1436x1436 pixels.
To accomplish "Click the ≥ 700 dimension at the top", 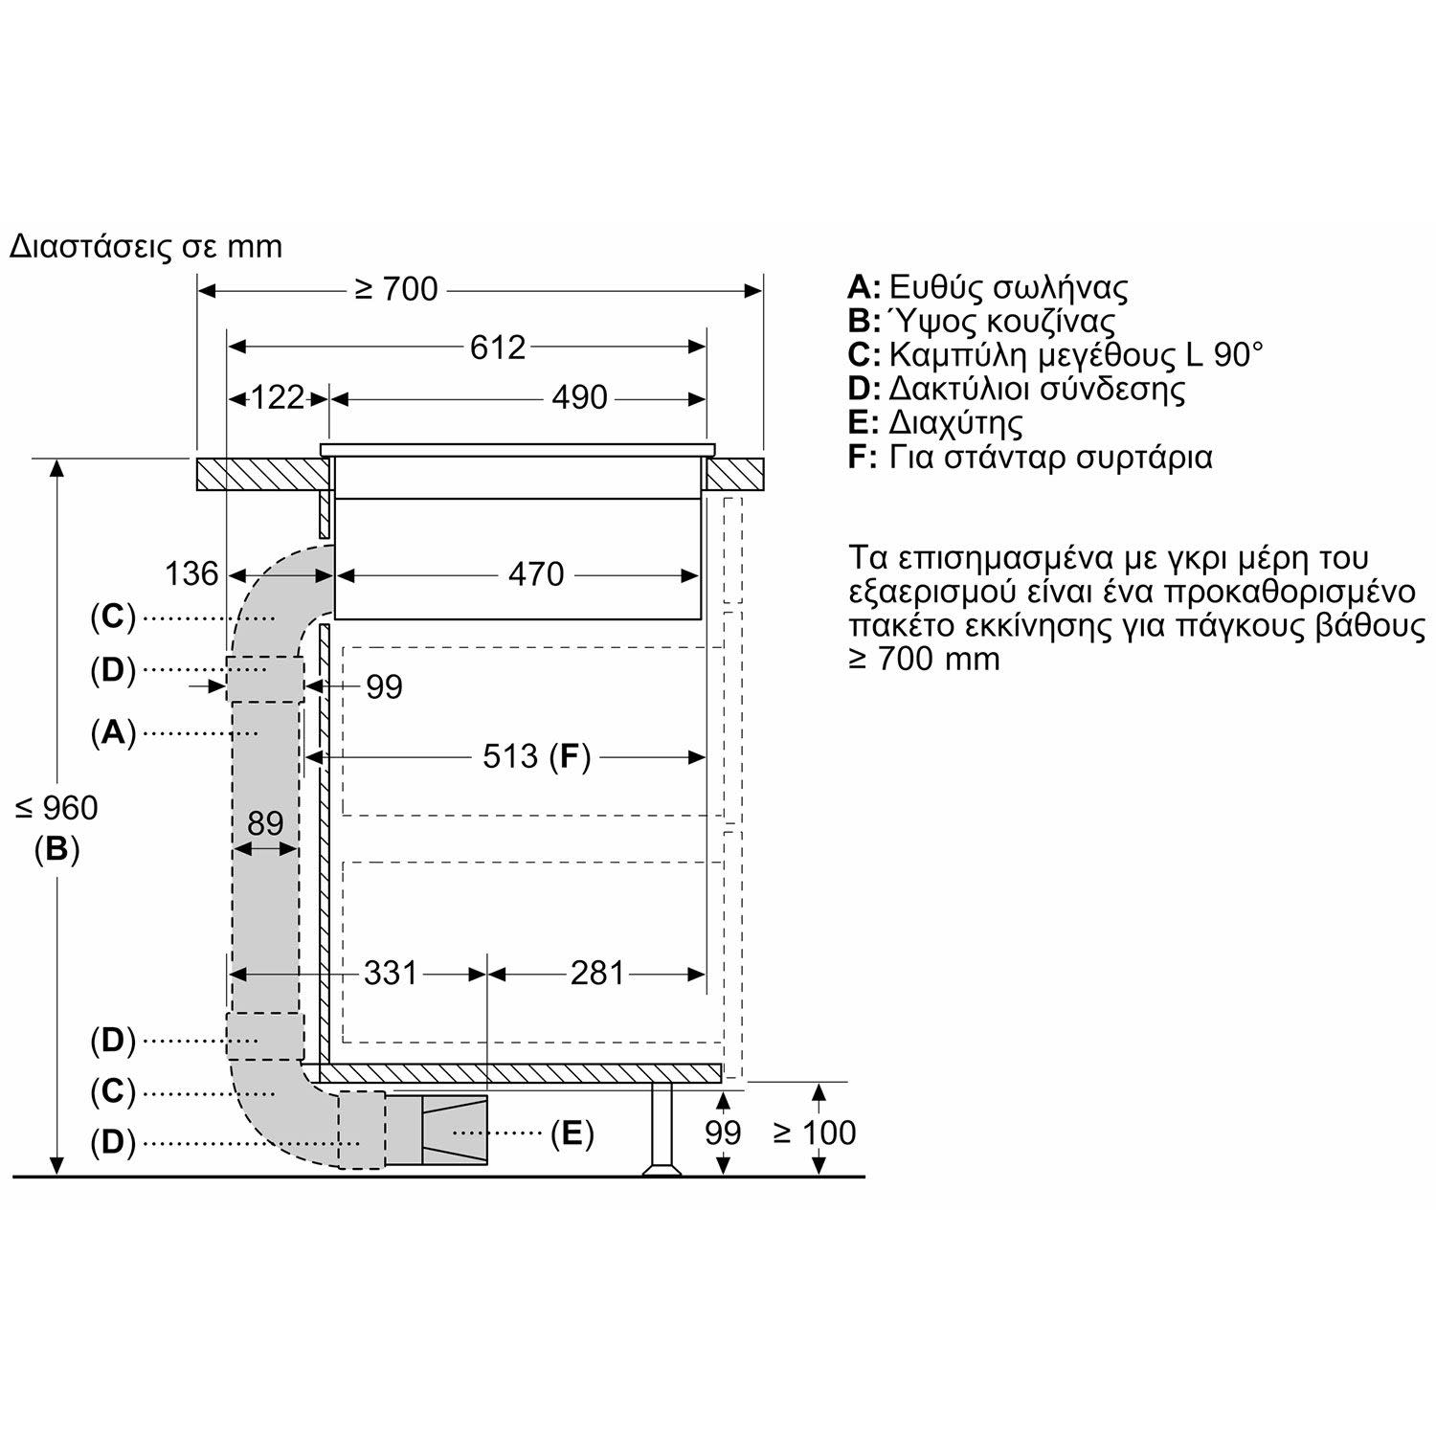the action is [395, 288].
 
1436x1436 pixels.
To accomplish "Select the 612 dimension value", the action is [498, 347].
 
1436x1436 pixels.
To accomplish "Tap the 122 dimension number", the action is [277, 397].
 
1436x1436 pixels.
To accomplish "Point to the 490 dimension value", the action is [579, 397].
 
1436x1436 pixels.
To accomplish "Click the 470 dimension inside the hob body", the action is [536, 574].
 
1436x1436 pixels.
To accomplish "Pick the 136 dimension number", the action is [191, 573].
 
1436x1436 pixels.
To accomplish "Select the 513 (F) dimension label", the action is [536, 757].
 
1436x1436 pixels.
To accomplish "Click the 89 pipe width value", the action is [265, 822].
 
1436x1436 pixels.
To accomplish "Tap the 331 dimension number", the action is [391, 973].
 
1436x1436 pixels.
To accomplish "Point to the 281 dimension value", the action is [597, 973].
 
